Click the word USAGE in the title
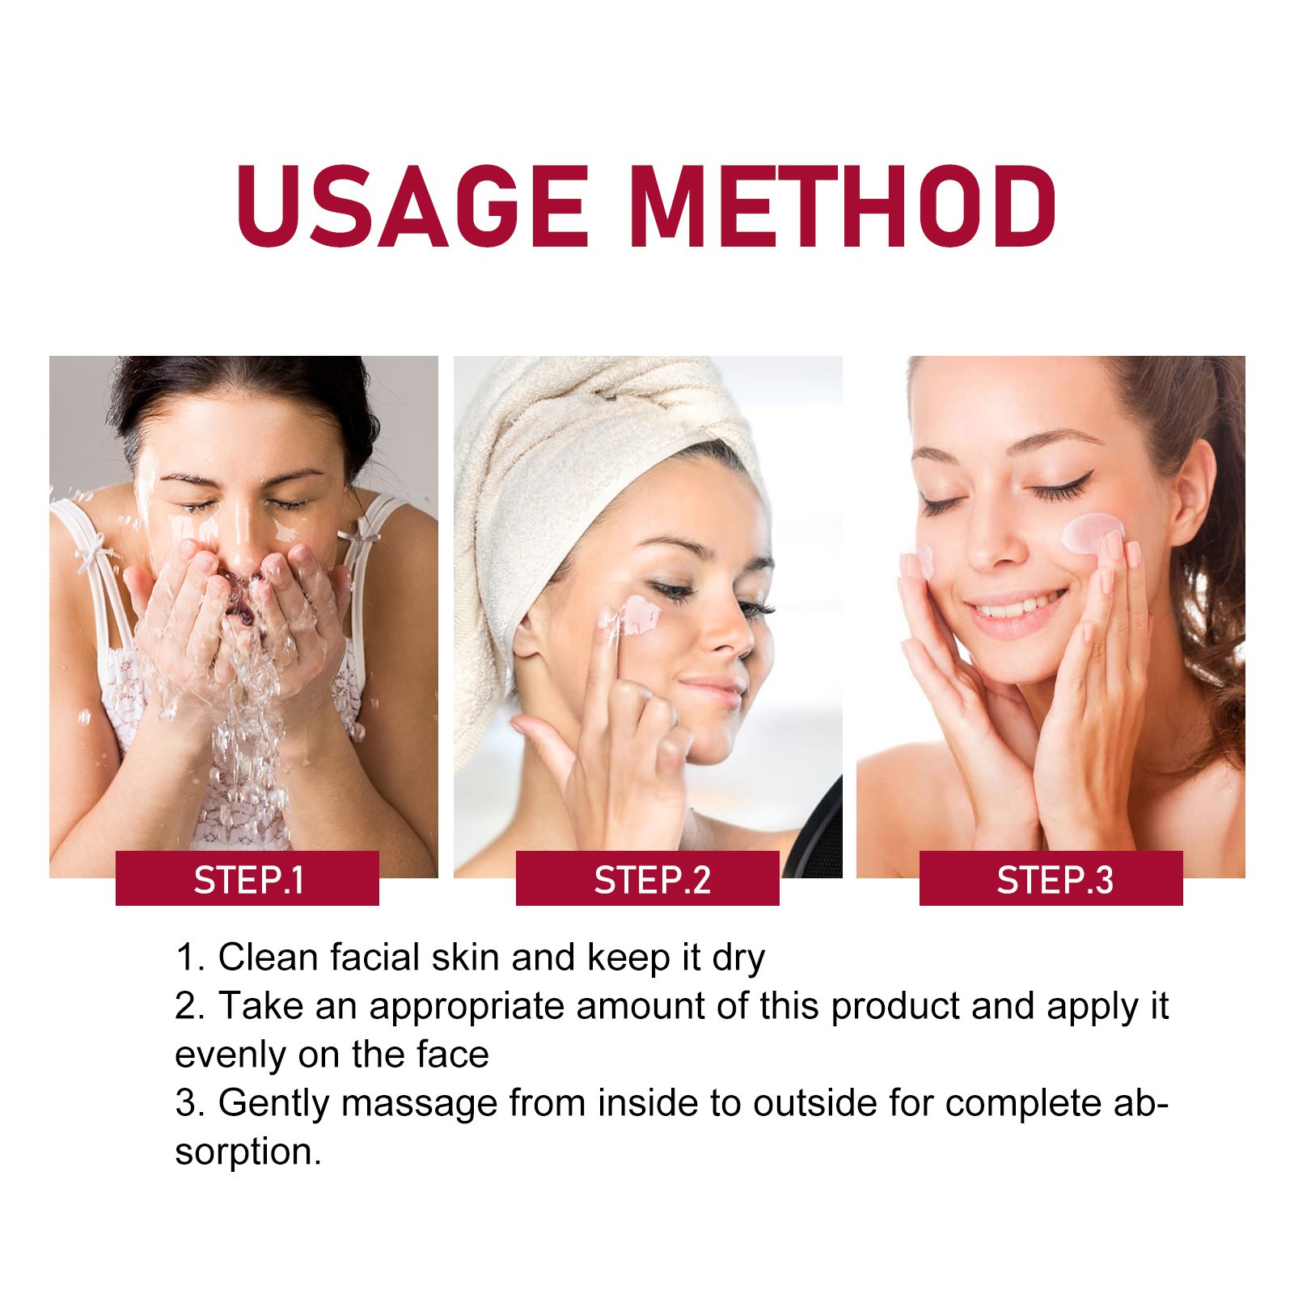pos(412,206)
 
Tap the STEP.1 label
pos(247,879)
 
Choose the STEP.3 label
pos(1051,879)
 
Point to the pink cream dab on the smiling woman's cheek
pos(1092,532)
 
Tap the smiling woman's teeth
pos(1019,605)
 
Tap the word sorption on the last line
pos(247,1152)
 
